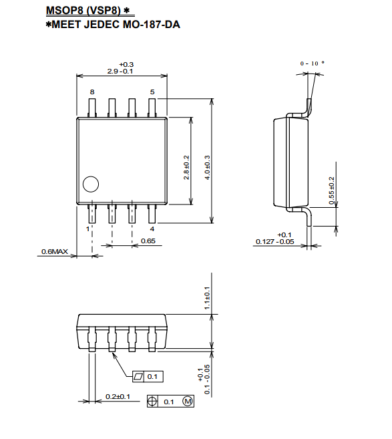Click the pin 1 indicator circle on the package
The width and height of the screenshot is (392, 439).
[91, 184]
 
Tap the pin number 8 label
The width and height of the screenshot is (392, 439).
[92, 92]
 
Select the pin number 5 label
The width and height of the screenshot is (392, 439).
[152, 92]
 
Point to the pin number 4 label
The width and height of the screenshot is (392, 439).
[152, 229]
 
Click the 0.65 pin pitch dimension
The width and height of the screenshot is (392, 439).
[148, 241]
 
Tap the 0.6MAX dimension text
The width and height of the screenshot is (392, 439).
[55, 251]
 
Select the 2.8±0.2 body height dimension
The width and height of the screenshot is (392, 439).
[186, 168]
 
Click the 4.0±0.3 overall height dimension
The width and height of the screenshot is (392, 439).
[207, 168]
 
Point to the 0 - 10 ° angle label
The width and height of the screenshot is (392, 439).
[313, 63]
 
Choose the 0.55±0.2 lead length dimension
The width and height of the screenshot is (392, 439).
[331, 190]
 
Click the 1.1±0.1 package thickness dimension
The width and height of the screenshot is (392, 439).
[207, 298]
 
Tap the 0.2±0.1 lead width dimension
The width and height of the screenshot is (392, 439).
[118, 396]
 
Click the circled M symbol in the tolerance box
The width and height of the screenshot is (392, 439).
[188, 402]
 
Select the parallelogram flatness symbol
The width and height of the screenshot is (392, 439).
[138, 377]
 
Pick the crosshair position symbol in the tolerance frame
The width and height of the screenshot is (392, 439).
[152, 402]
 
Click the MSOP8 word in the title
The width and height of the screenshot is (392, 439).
[65, 11]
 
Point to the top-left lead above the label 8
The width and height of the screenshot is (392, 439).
[92, 108]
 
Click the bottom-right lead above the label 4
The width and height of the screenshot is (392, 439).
[152, 214]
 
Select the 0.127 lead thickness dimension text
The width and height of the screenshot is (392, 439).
[264, 241]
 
